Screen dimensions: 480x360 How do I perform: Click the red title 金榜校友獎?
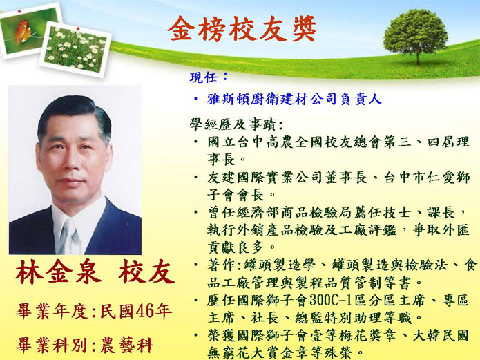click(242, 29)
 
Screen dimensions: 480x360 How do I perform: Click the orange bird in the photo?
click(22, 32)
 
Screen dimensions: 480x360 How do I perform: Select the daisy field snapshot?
click(75, 49)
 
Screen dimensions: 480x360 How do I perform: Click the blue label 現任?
click(204, 77)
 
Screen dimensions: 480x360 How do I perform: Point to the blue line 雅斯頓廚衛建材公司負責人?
click(294, 99)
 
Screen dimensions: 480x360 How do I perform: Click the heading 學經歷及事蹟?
click(232, 124)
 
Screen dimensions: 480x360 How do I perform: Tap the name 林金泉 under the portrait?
click(59, 272)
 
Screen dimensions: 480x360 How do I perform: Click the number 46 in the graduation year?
click(144, 312)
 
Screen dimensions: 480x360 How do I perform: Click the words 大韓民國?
click(441, 336)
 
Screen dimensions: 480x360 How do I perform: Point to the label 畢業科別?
click(51, 345)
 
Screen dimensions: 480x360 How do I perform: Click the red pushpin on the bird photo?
click(19, 12)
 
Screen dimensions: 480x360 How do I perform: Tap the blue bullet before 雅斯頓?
click(195, 100)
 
